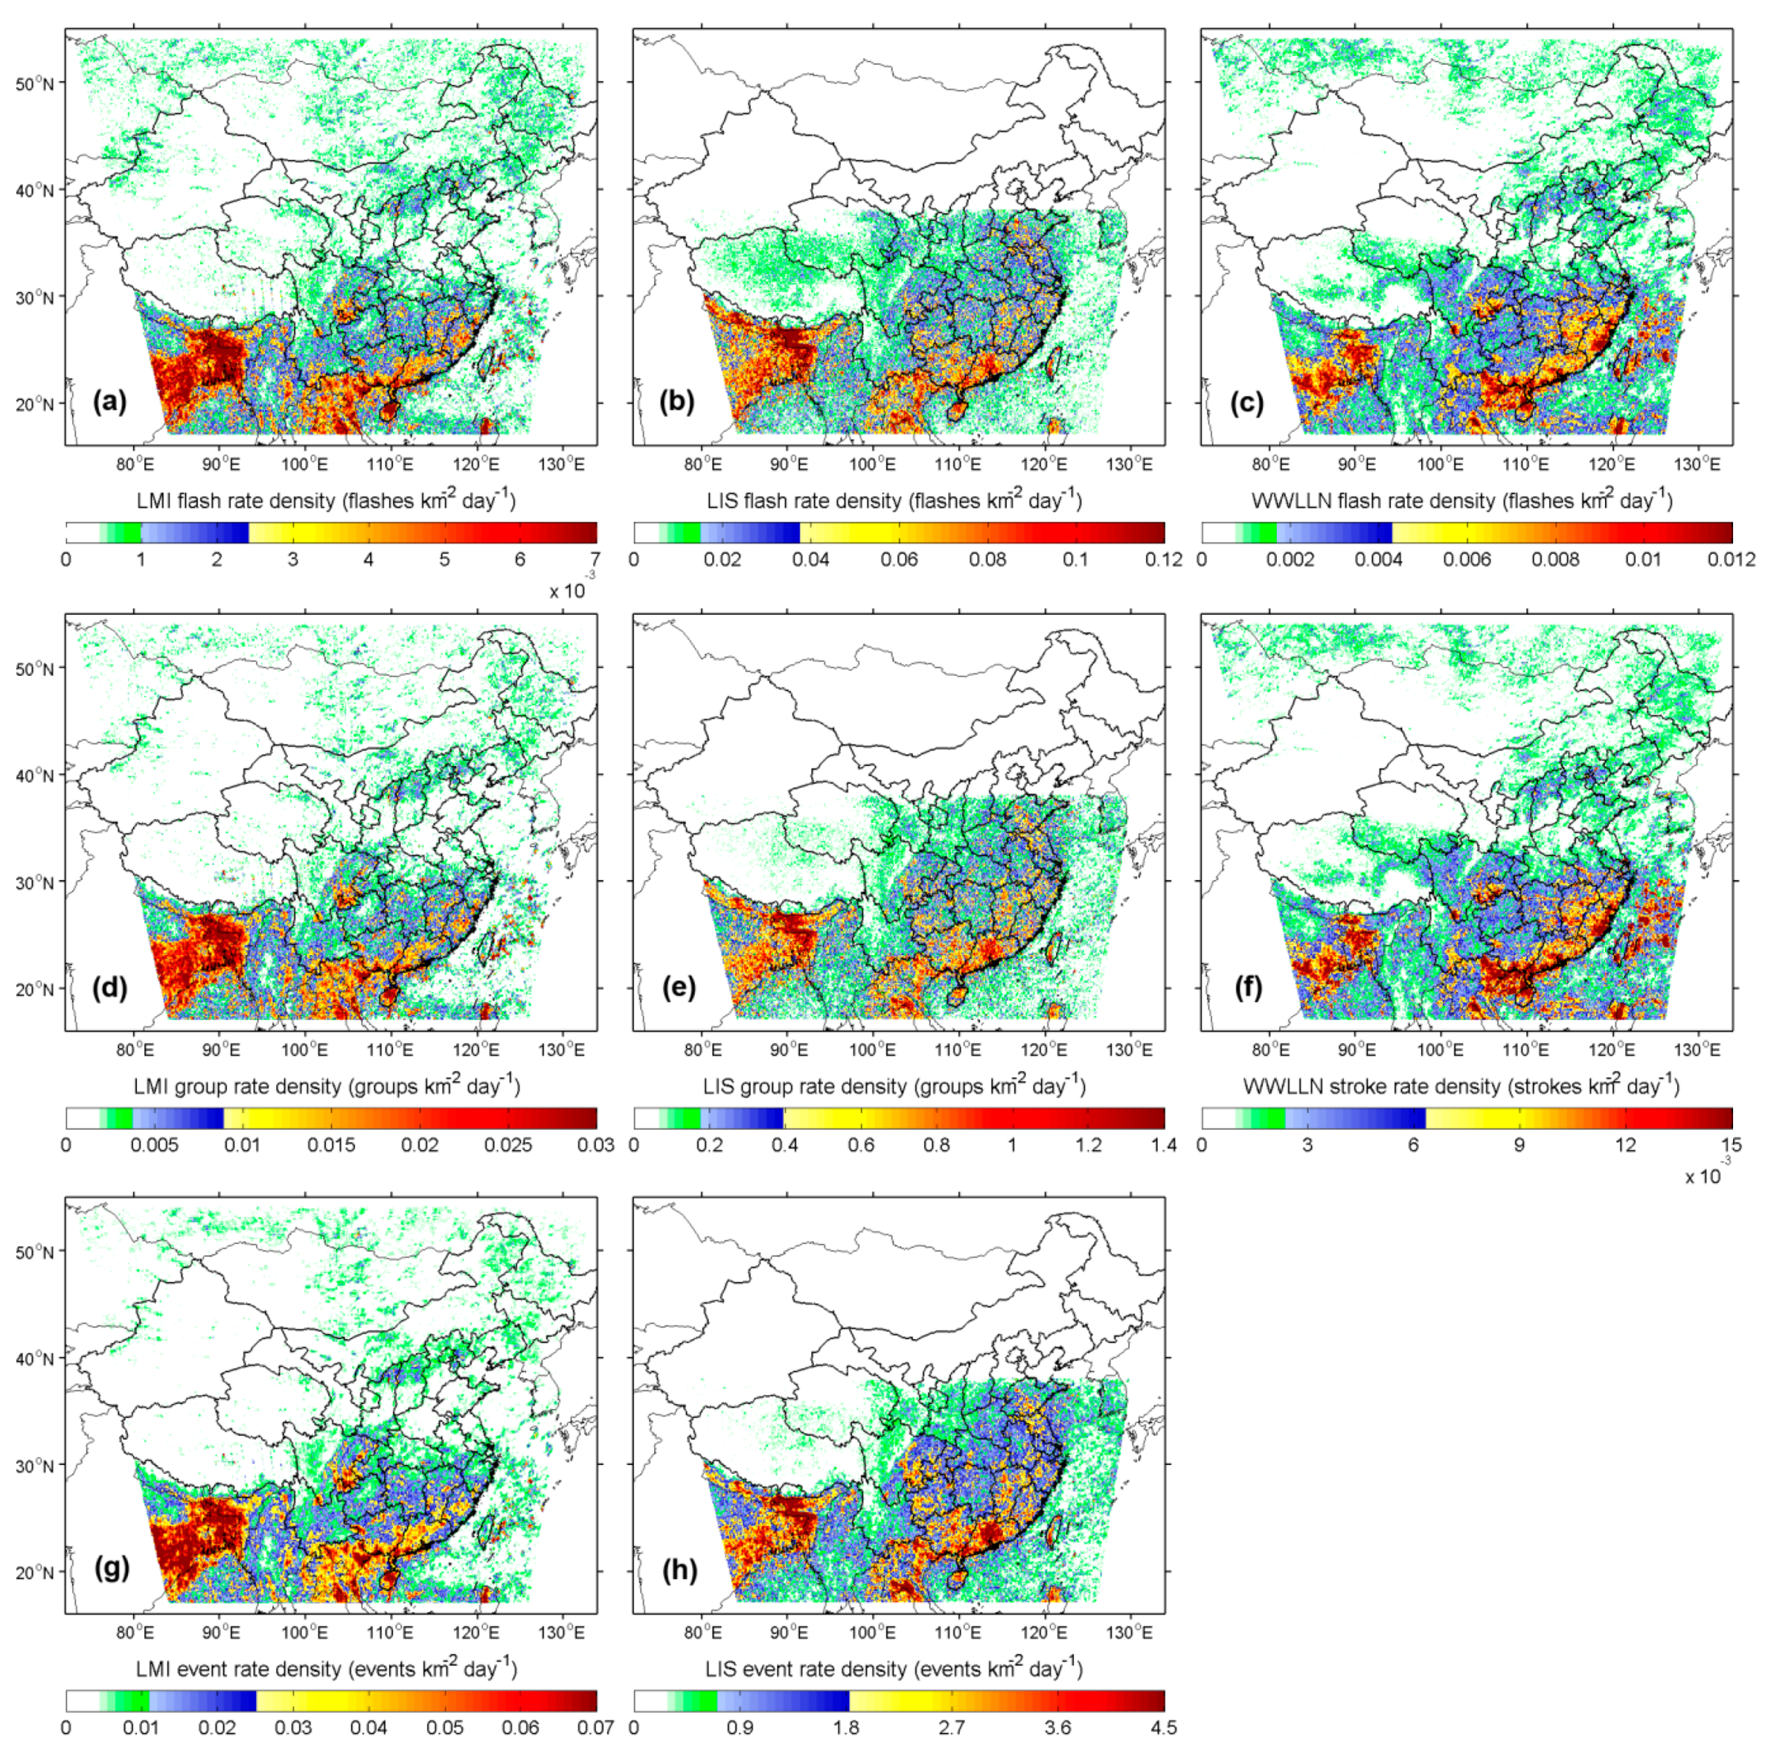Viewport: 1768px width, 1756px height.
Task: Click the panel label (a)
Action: click(110, 402)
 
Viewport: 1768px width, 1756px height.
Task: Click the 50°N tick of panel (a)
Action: click(36, 83)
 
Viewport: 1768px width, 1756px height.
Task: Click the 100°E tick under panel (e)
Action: click(872, 1049)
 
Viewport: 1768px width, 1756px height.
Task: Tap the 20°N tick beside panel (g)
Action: click(36, 1571)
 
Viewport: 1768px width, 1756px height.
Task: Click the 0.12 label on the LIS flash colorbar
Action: click(1163, 559)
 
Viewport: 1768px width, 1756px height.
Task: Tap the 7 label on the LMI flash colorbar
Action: click(596, 559)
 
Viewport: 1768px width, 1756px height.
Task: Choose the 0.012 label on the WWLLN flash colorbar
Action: click(1730, 559)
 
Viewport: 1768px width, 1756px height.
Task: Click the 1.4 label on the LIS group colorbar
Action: click(1163, 1145)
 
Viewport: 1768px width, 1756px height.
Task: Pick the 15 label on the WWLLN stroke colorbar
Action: click(1730, 1145)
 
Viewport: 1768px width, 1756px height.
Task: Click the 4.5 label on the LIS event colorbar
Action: click(1163, 1728)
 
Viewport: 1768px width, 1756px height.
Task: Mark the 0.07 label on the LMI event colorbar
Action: click(596, 1728)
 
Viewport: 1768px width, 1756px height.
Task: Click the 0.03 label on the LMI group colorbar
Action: click(596, 1145)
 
